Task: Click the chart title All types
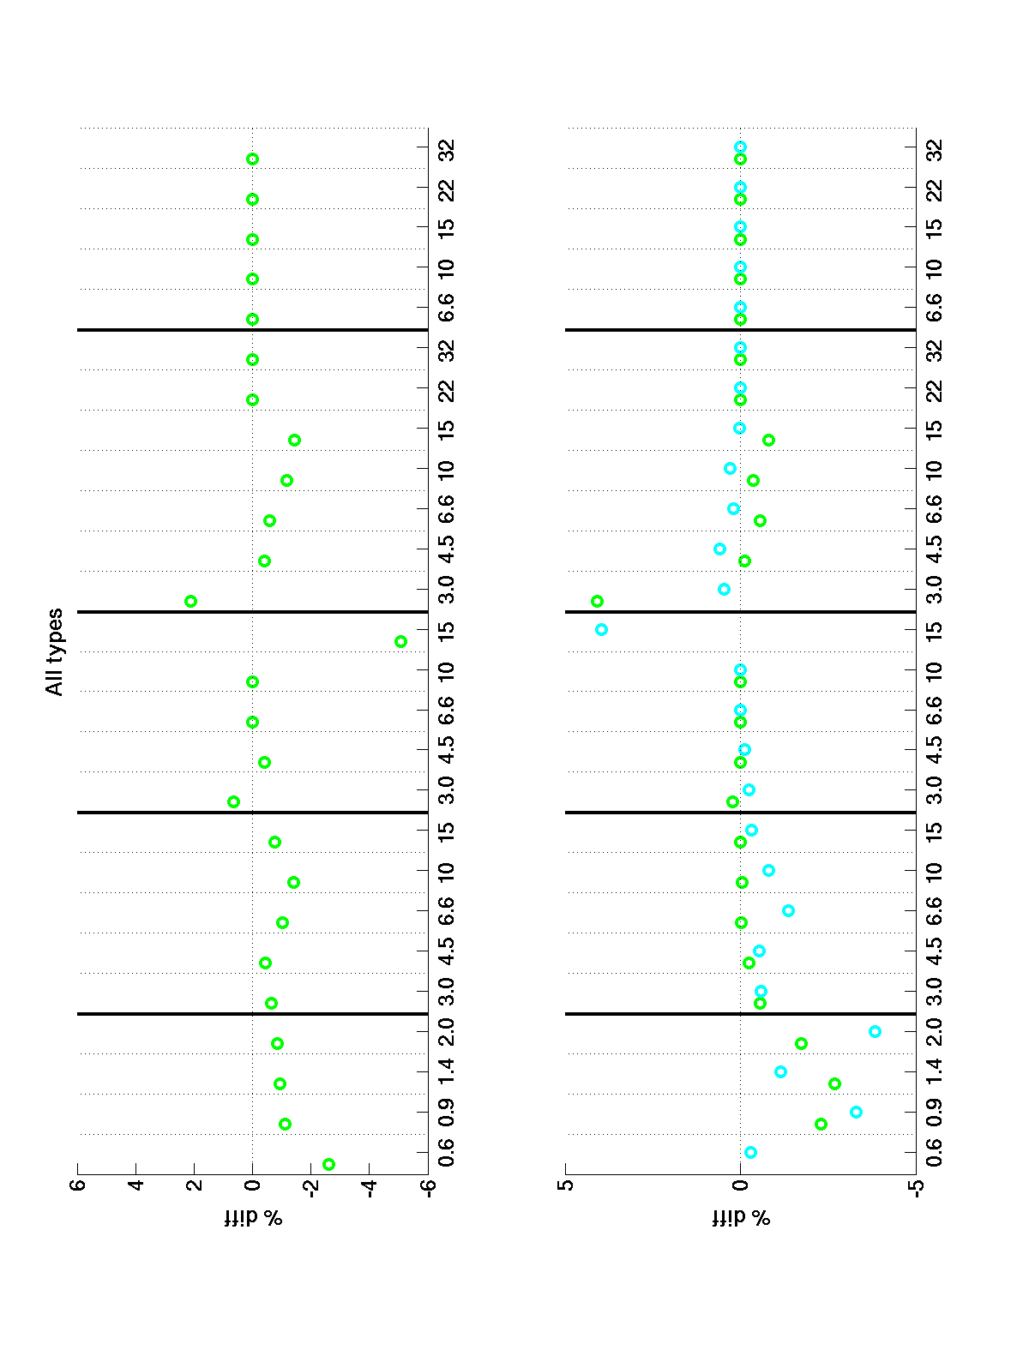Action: tap(55, 651)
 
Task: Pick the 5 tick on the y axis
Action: tap(566, 1186)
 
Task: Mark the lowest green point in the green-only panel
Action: tap(400, 641)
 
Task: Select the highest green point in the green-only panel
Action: tap(191, 601)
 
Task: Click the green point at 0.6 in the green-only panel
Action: tap(328, 1164)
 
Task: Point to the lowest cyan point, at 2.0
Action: tap(875, 1031)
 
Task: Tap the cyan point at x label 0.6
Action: tap(750, 1152)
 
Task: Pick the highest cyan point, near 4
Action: tap(601, 629)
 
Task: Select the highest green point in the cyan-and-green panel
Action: tap(597, 601)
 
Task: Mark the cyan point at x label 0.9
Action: tap(856, 1112)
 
